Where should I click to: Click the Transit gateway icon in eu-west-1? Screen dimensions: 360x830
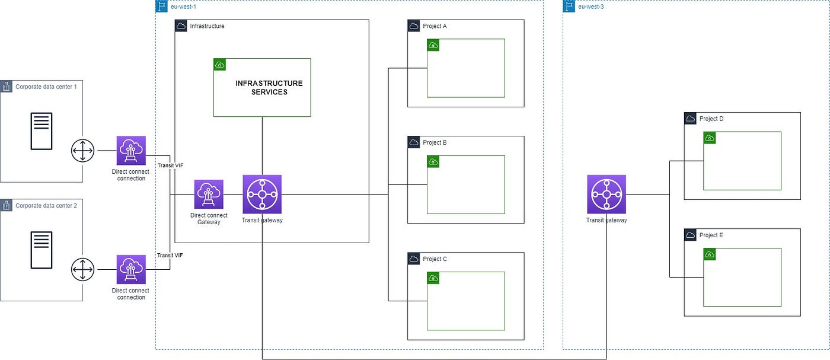tap(262, 194)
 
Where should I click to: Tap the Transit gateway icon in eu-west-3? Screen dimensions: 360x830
tap(606, 194)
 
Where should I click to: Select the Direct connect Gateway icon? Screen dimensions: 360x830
tap(209, 194)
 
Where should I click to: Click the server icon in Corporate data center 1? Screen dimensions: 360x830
tap(42, 131)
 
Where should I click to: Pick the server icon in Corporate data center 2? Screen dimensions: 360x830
tap(42, 250)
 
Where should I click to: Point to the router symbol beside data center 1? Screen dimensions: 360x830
tap(82, 151)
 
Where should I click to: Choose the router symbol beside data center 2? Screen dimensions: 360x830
tap(82, 269)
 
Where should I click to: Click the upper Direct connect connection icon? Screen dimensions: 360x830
tap(131, 151)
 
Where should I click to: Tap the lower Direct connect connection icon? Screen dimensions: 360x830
tap(131, 269)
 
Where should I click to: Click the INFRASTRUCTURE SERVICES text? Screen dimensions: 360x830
tap(269, 88)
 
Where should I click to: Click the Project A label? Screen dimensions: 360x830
tap(435, 26)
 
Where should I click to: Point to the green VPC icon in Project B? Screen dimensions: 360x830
tap(433, 161)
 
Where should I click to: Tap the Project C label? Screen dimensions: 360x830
tap(435, 259)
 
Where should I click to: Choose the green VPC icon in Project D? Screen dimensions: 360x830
tap(710, 138)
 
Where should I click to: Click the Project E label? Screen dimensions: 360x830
tap(711, 235)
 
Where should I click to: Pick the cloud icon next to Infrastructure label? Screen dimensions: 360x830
tap(181, 26)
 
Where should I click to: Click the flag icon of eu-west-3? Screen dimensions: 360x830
tap(569, 7)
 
